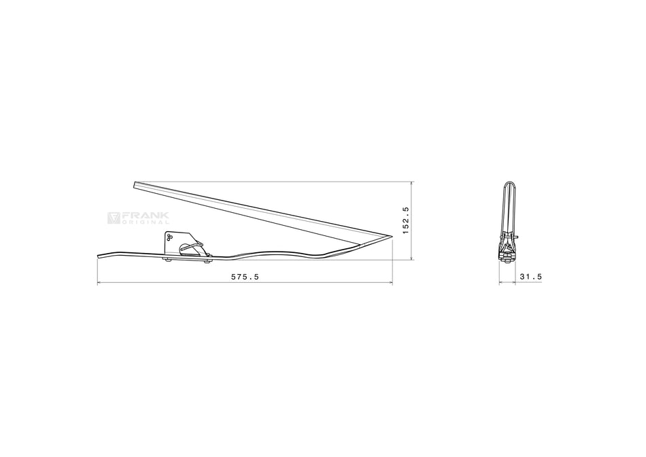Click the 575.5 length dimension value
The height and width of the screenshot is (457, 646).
click(245, 277)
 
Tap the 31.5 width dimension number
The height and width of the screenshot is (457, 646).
click(530, 277)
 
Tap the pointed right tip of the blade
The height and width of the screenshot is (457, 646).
click(392, 237)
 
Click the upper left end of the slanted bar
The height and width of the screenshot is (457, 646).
click(135, 184)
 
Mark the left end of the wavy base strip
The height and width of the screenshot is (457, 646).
click(99, 256)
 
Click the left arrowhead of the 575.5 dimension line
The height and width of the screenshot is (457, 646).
click(99, 283)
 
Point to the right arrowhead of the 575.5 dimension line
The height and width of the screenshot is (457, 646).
click(390, 283)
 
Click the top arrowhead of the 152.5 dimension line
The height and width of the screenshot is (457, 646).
click(413, 184)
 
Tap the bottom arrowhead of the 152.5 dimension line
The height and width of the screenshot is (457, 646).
click(413, 258)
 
